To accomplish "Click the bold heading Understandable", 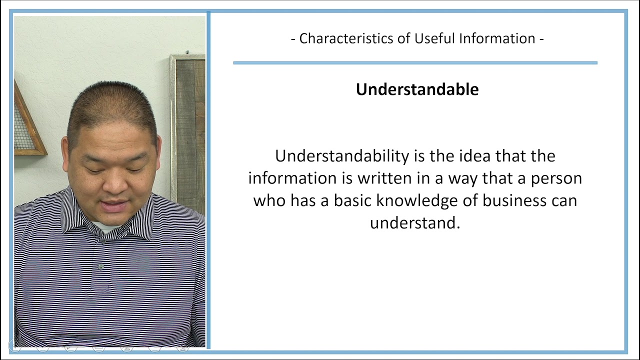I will coord(417,89).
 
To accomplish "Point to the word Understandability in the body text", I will coord(342,156).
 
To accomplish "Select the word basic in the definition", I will coord(353,200).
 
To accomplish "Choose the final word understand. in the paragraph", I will coord(414,222).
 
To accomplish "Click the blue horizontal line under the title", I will coord(415,62).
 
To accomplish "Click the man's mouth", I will coord(115,205).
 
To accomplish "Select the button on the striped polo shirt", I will coord(101,267).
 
